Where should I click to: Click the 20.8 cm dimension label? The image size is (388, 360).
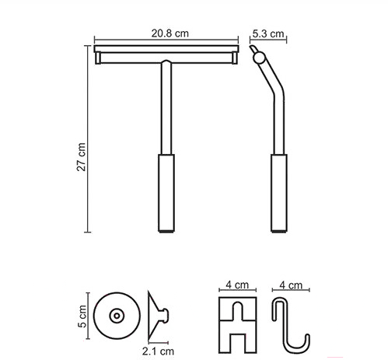coord(170,33)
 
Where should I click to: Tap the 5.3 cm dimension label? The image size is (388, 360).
coord(268,33)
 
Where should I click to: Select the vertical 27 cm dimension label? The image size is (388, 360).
coord(81,156)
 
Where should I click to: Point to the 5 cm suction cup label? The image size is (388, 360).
coord(82,316)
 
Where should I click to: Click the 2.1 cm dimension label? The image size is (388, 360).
coord(158,351)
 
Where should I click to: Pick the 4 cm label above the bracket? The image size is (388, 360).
coord(237,285)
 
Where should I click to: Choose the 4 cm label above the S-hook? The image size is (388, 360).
coord(291,285)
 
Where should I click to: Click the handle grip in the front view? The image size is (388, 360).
coord(166,193)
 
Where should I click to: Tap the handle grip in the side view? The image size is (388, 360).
coord(279,193)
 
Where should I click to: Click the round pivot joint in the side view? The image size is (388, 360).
coord(259,58)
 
